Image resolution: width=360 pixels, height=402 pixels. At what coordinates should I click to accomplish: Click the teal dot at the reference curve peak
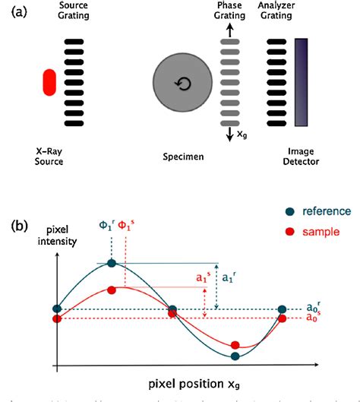[x=112, y=263]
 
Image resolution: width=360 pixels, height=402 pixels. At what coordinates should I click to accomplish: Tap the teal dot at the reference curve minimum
[x=235, y=355]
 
